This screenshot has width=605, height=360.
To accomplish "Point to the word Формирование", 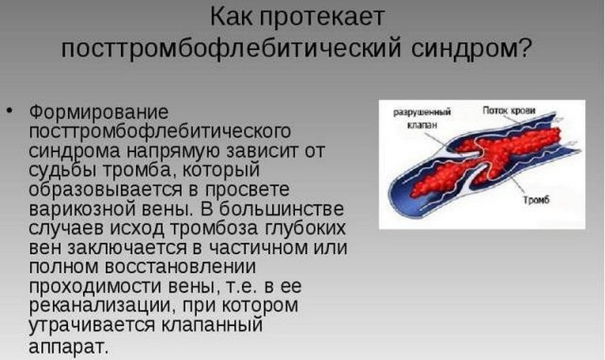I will point(98,111).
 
